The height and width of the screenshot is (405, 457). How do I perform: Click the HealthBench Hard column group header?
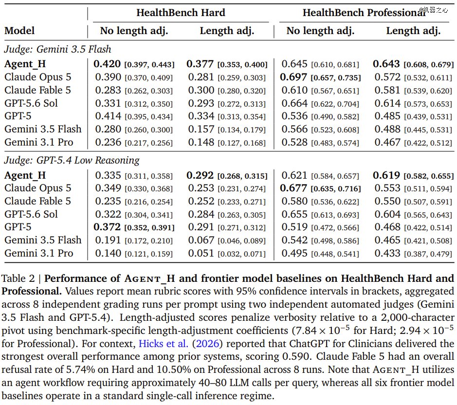[x=181, y=13]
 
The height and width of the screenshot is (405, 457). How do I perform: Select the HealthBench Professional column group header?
[x=364, y=13]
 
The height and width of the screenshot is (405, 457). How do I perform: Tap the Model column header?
[x=19, y=31]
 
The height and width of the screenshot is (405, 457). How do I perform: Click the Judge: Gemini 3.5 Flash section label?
[x=58, y=49]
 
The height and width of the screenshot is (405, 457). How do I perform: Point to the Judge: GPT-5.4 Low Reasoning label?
[x=72, y=160]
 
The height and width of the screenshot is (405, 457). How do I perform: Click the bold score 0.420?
[x=107, y=64]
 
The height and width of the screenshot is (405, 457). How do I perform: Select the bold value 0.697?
[x=293, y=77]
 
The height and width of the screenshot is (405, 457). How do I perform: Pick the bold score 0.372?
[x=107, y=227]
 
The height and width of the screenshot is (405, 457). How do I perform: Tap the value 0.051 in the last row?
[x=201, y=253]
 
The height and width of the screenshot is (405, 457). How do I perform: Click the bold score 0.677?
[x=293, y=188]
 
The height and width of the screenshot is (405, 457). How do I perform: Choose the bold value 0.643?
[x=386, y=64]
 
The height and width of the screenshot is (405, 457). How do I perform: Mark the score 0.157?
[x=201, y=129]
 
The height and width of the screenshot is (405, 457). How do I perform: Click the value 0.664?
[x=294, y=103]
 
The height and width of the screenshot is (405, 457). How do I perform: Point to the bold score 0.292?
[x=200, y=175]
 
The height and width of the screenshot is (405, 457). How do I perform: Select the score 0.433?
[x=387, y=253]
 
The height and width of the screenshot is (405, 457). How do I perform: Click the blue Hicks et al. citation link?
[x=164, y=344]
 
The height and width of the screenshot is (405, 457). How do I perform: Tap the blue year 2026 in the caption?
[x=207, y=344]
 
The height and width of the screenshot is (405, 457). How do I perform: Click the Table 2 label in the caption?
[x=18, y=278]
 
